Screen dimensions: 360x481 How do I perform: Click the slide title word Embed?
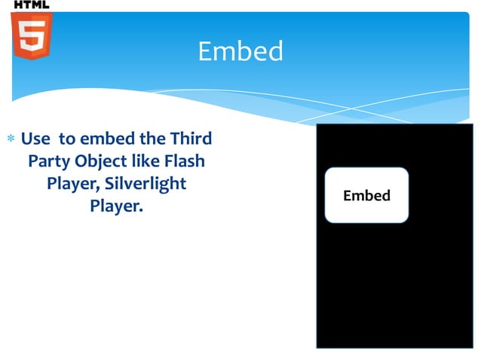click(x=240, y=51)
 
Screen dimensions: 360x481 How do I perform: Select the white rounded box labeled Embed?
click(x=366, y=195)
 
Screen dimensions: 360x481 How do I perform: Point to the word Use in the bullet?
click(x=35, y=139)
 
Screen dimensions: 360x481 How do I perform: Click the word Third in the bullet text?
click(x=192, y=139)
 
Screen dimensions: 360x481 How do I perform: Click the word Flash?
click(x=185, y=161)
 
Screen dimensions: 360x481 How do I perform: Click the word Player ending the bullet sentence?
click(x=114, y=205)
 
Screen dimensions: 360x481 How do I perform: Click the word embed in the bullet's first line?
click(x=105, y=139)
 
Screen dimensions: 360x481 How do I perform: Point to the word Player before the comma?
click(x=69, y=183)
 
